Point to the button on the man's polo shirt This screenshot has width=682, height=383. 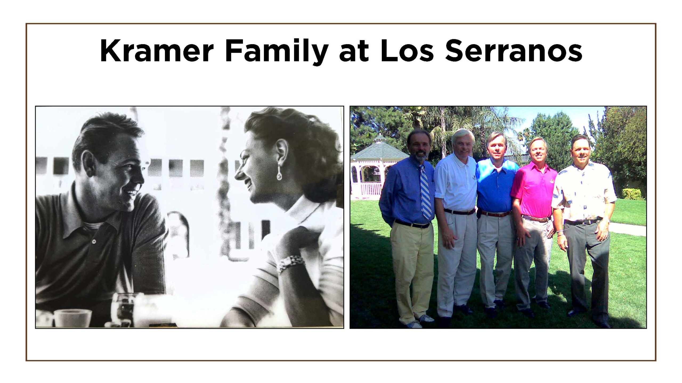point(94,241)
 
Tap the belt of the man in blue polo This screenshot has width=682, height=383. point(495,213)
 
